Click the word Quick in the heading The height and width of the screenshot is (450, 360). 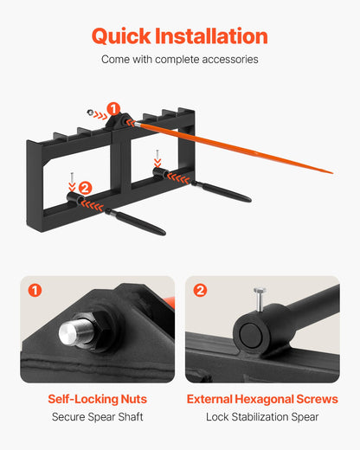point(121,36)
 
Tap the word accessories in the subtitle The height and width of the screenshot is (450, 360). point(230,60)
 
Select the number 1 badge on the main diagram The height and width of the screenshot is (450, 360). point(113,109)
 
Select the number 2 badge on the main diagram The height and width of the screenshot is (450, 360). point(85,188)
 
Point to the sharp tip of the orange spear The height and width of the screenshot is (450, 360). point(332,173)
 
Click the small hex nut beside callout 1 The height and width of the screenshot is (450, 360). point(90,112)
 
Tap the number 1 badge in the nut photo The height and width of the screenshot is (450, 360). point(35,290)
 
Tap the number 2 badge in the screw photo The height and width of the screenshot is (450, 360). point(200,290)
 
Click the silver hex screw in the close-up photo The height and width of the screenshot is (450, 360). point(260,299)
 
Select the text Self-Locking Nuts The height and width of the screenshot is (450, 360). point(98,399)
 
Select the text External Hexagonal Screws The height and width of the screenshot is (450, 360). point(262,399)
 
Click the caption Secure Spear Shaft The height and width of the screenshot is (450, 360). point(98,417)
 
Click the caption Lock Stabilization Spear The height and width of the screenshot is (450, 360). point(262,417)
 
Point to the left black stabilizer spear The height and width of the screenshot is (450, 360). point(135,222)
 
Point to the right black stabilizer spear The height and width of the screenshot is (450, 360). point(222,191)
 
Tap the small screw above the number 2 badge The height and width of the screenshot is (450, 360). point(72,177)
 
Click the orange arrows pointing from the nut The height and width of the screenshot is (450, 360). point(100,116)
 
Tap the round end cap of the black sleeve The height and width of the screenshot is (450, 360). point(250,336)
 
